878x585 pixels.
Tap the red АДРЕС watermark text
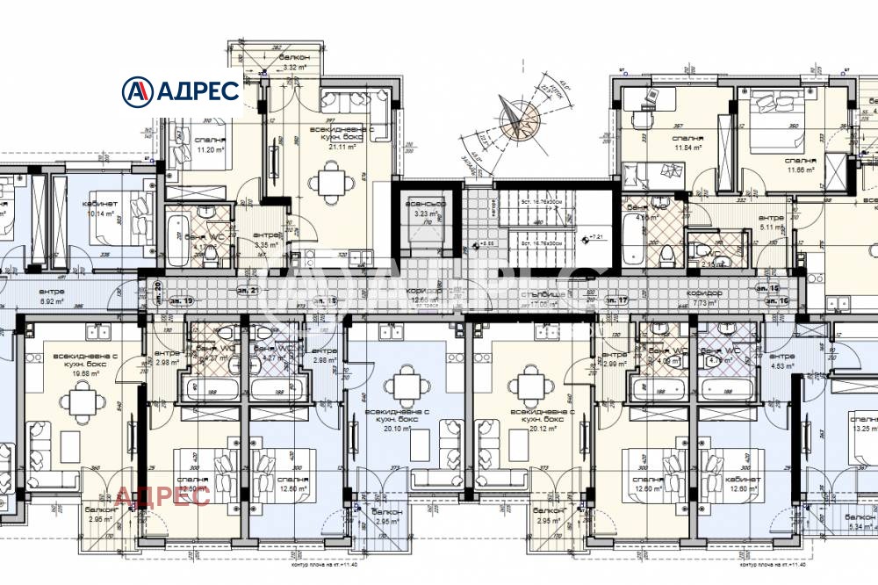[163, 496]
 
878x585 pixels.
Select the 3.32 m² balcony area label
[292, 66]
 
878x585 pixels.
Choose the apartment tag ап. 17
[616, 300]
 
